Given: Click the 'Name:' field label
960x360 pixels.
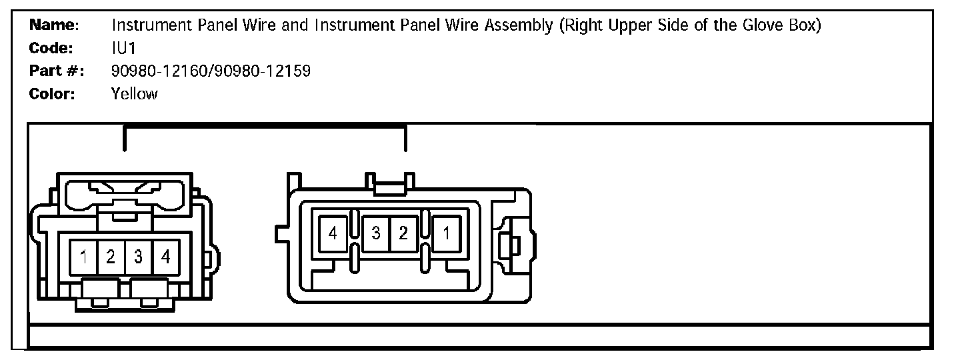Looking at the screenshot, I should (54, 25).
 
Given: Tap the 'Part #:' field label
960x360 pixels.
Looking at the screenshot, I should (56, 71).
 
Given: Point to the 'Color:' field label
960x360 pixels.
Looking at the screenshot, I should (52, 93).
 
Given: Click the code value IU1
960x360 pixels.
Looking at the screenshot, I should (124, 48).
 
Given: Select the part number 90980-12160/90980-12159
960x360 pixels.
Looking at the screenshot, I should (211, 71).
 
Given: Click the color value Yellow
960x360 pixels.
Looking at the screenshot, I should (135, 93).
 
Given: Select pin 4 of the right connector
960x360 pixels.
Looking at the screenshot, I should (333, 233).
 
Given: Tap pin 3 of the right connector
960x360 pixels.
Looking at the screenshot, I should (376, 233).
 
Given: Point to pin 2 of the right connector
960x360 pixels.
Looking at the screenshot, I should (403, 233).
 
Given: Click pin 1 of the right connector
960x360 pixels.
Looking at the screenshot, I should (447, 233).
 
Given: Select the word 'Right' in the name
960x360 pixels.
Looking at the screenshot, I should (582, 25).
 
